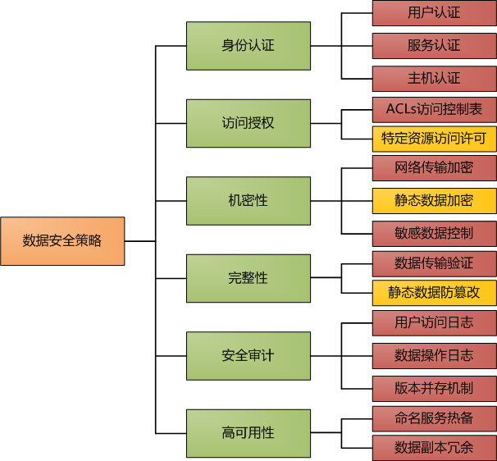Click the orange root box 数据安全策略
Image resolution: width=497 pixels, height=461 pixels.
(62, 241)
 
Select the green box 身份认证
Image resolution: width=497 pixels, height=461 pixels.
(248, 46)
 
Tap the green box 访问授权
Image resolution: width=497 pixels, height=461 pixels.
(248, 123)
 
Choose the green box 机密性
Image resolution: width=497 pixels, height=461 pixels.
(248, 201)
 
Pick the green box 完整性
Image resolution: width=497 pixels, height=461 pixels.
(248, 278)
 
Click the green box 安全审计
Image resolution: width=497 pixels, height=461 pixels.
(248, 356)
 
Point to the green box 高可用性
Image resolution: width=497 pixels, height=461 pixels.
(248, 433)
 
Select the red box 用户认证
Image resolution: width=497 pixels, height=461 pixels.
(434, 13)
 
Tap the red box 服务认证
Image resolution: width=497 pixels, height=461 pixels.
(434, 46)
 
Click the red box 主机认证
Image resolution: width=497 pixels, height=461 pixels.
(434, 79)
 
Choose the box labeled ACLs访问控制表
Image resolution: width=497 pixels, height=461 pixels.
(434, 108)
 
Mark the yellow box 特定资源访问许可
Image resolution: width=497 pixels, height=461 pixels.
(434, 138)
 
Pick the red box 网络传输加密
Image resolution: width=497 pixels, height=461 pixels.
(434, 167)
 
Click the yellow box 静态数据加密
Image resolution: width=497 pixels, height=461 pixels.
(434, 200)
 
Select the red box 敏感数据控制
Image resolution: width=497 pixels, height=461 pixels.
(434, 233)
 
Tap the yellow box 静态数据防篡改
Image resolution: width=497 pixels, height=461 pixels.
(434, 293)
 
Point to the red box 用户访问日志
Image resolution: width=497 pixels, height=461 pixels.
(434, 322)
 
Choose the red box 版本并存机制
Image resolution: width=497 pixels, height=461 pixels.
(434, 388)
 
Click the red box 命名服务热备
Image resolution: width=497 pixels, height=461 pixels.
(434, 418)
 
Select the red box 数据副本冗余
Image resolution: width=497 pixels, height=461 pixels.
(434, 448)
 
